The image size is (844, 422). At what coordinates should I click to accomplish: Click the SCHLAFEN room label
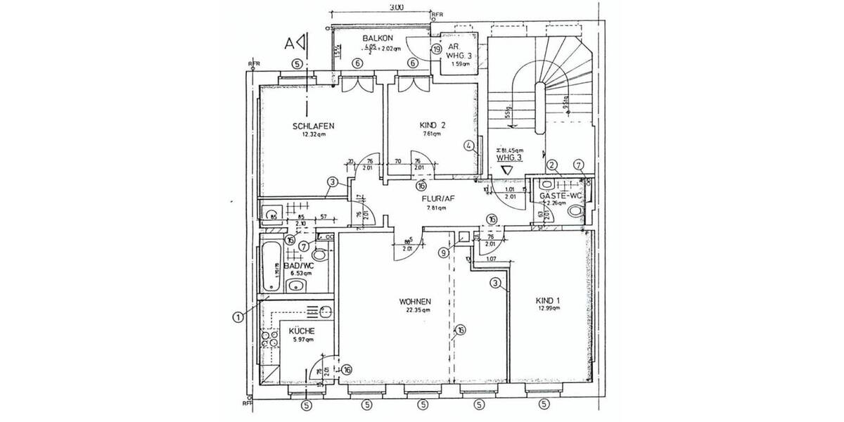pos(313,127)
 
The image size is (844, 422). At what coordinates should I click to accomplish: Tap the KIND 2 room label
pos(433,124)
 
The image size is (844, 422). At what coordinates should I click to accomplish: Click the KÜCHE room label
pos(301,331)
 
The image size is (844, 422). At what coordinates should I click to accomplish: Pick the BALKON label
pos(377,38)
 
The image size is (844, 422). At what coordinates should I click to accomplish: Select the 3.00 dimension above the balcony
pos(396,8)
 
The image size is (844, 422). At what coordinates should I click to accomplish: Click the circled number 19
pos(436,50)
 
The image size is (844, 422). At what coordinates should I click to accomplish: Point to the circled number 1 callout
pos(238,317)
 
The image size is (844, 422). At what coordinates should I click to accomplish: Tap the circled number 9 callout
pos(443,252)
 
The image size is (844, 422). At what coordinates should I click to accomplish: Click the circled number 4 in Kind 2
pos(468,146)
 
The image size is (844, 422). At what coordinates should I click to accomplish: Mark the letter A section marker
pos(288,42)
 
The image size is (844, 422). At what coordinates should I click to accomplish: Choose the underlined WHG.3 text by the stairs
pos(509,158)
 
